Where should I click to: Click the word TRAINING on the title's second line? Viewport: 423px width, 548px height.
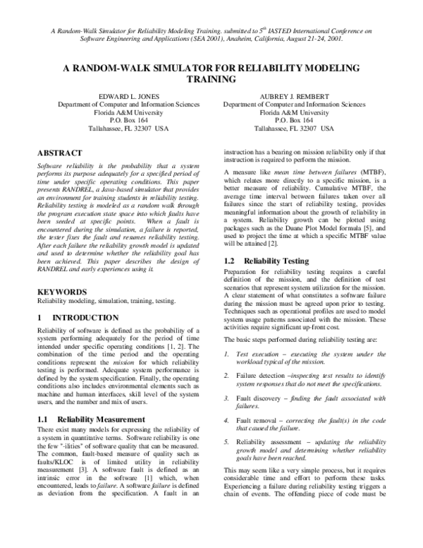point(211,80)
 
